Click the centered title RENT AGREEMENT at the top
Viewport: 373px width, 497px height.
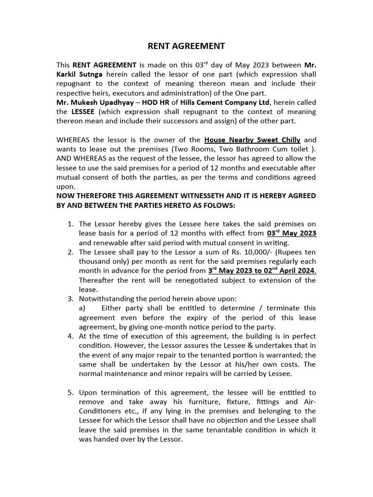(x=186, y=46)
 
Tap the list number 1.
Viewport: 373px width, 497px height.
(x=70, y=224)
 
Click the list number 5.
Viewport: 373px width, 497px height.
(x=70, y=392)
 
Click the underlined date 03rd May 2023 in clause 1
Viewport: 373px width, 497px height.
(x=292, y=233)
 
